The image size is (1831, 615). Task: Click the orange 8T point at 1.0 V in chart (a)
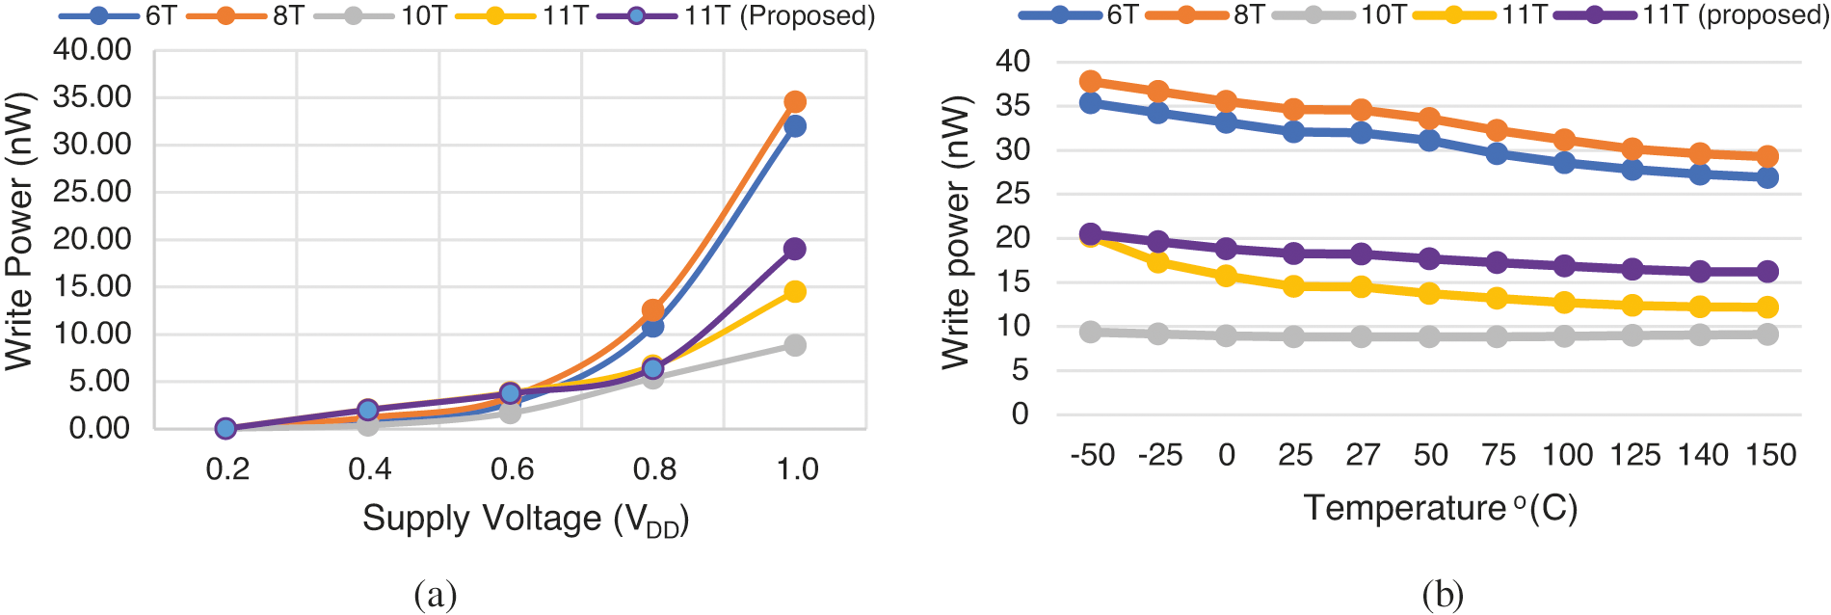(x=794, y=102)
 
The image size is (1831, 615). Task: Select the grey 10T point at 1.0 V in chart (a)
(x=794, y=345)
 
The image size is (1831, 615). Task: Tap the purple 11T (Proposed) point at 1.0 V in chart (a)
(x=794, y=249)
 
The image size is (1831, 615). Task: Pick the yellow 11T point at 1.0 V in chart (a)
(x=794, y=291)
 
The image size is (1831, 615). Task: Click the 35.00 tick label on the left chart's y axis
(x=93, y=96)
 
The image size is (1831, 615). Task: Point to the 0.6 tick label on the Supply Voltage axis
(x=512, y=469)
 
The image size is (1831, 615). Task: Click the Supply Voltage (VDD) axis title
(x=525, y=520)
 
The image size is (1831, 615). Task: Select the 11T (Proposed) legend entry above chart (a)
(x=737, y=16)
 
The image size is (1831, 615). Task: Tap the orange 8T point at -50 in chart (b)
(x=1090, y=82)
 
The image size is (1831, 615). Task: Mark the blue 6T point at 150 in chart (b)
(x=1766, y=177)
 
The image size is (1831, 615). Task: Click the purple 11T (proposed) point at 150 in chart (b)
(x=1766, y=272)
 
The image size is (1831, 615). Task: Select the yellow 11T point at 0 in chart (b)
(x=1226, y=277)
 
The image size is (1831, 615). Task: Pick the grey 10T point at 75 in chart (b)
(x=1497, y=336)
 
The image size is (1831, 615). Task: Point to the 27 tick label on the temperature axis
(x=1362, y=455)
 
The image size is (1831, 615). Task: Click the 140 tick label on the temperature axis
(x=1703, y=455)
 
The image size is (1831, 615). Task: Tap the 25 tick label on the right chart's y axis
(x=1012, y=194)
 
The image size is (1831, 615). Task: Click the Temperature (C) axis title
(x=1441, y=508)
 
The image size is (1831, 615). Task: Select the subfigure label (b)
(x=1442, y=595)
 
